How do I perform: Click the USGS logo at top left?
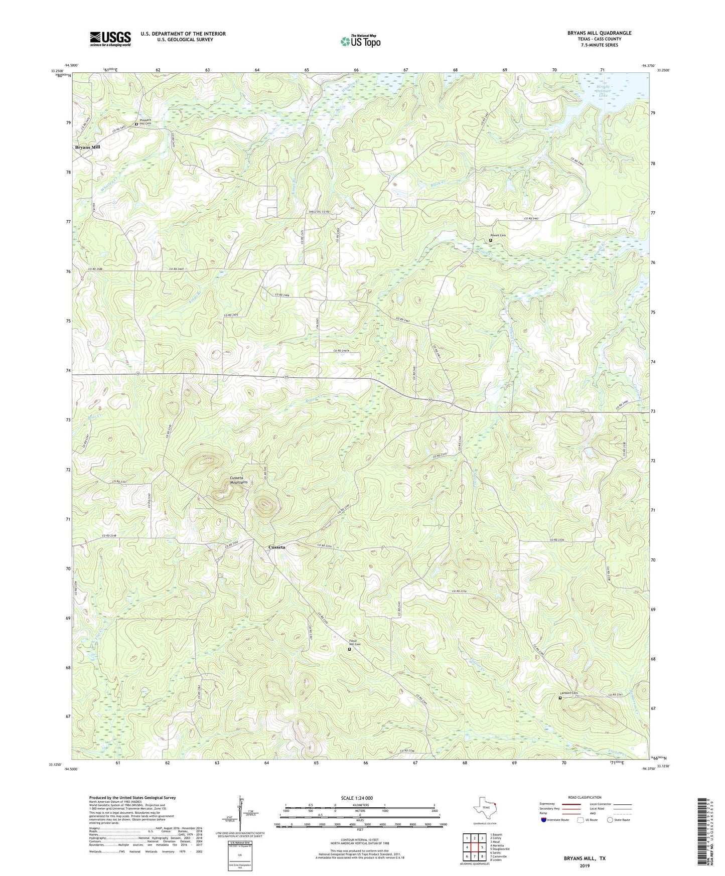tap(110, 39)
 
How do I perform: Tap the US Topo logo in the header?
tap(360, 41)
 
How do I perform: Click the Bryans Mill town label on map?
tap(88, 147)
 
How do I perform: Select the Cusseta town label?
tap(277, 547)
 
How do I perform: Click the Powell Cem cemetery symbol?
tap(491, 240)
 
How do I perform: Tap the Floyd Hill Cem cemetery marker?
tap(350, 649)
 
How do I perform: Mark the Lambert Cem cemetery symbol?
tap(560, 697)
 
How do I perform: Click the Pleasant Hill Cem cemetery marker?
tap(136, 124)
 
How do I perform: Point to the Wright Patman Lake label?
tap(603, 91)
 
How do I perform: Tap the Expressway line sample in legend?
tap(571, 804)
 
